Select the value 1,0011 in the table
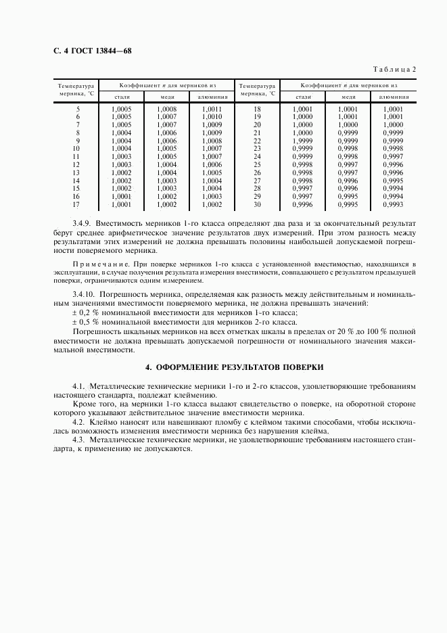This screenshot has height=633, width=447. coord(211,109)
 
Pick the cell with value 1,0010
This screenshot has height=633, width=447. coord(211,117)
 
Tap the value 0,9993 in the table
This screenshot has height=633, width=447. coord(393,204)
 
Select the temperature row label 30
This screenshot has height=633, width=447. coord(257,204)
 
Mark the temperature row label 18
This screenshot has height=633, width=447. coord(257,109)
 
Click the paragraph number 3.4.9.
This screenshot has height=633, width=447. coord(81,222)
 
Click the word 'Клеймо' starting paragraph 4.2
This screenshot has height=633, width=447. coord(103,420)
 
